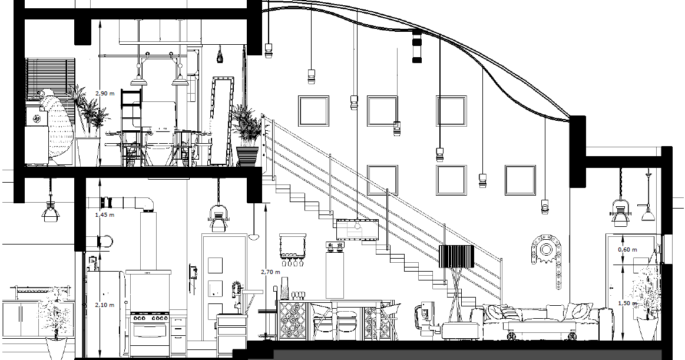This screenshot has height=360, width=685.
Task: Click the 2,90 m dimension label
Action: (104, 93)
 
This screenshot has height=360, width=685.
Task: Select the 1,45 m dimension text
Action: (104, 215)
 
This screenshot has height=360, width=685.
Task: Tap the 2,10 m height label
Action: (104, 305)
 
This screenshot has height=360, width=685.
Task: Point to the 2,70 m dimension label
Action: (269, 272)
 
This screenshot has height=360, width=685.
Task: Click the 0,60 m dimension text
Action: (627, 250)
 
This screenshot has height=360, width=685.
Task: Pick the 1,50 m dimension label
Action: (627, 302)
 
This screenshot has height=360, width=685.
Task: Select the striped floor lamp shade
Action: (456, 257)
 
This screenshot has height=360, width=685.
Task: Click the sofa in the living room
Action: (539, 321)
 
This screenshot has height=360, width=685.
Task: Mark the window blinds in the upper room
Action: (51, 81)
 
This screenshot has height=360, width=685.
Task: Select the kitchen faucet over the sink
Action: (237, 293)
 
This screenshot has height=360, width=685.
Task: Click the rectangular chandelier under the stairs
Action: (356, 229)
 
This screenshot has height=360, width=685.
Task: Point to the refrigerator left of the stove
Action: (105, 312)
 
